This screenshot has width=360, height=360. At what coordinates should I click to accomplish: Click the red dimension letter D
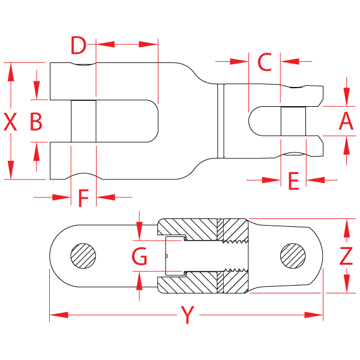[x=79, y=45]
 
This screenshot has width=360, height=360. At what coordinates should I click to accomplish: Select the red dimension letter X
[x=10, y=122]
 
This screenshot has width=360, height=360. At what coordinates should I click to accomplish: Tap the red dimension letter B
[x=36, y=122]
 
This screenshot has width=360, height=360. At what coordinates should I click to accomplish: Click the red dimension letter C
[x=265, y=62]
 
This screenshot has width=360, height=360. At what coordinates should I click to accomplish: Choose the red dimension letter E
[x=293, y=181]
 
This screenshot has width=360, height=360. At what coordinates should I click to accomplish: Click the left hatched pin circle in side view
[x=83, y=257]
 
